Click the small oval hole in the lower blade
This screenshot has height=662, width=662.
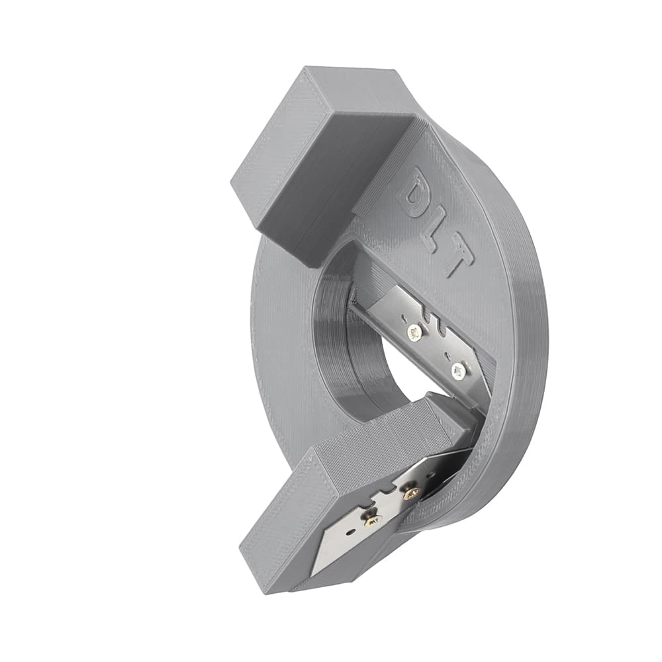(x=350, y=533)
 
